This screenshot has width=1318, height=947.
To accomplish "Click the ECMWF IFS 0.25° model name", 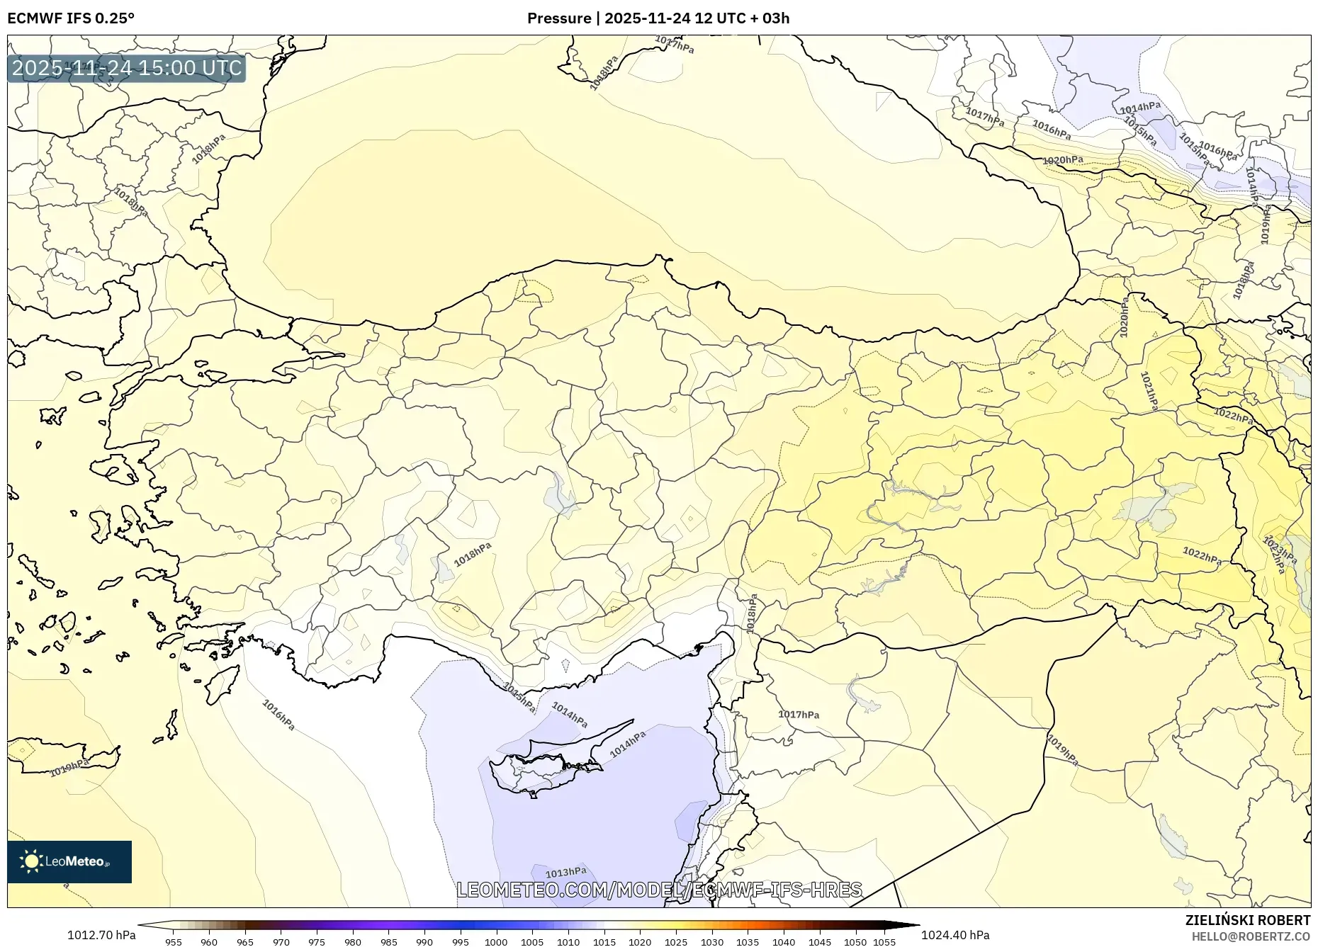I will [71, 18].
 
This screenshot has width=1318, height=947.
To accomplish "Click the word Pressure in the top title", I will [558, 18].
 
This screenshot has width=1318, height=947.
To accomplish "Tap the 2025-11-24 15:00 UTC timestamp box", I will [127, 68].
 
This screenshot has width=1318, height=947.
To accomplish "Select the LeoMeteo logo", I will [69, 861].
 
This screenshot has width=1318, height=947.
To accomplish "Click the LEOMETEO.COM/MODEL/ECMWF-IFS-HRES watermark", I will [659, 890].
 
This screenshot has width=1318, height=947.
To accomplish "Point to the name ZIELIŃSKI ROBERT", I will [1247, 920].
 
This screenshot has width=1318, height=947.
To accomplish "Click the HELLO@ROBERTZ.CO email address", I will [1250, 936].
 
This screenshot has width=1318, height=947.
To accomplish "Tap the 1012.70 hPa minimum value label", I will [101, 934].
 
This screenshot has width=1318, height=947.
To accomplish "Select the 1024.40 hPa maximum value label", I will [955, 934].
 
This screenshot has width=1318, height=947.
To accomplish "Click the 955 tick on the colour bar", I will [174, 942].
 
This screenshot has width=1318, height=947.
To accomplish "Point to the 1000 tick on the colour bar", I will [496, 942].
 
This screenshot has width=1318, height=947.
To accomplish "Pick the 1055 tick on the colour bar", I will [885, 942].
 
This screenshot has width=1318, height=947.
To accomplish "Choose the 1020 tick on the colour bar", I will [640, 942].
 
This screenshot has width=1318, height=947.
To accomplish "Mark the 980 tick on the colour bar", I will [353, 942].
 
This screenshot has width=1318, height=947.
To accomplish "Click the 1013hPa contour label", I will [565, 872].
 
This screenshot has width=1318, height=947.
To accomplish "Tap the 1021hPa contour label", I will [1149, 392].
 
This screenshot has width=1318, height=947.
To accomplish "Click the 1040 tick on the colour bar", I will [784, 942].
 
